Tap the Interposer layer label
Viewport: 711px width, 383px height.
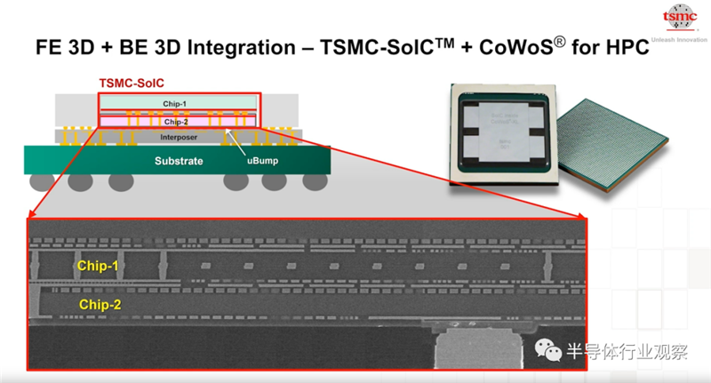click(179, 138)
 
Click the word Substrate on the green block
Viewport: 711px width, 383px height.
click(179, 162)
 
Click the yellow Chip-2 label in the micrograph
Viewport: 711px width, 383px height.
click(99, 305)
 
